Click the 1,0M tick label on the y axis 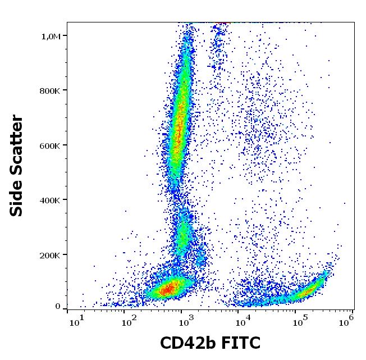[x=52, y=36]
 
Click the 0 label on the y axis [x=57, y=306]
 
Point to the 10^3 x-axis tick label [x=187, y=321]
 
